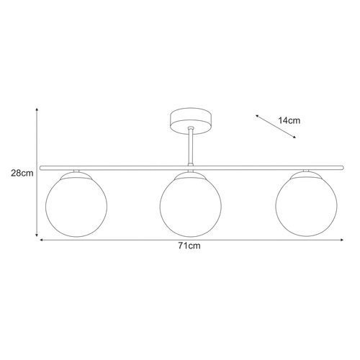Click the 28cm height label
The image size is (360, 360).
tap(21, 172)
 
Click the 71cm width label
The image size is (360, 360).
tap(189, 246)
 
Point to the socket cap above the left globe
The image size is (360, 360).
tap(76, 174)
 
